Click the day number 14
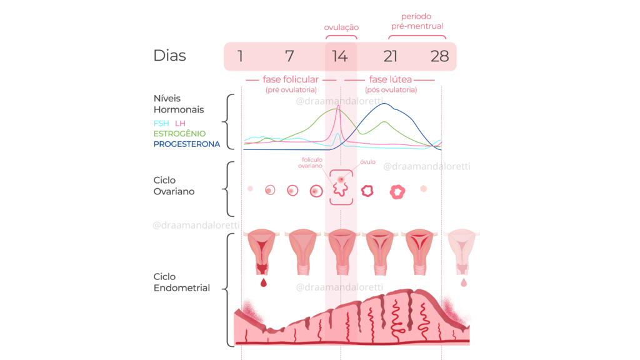pyautogui.click(x=339, y=56)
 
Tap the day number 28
pyautogui.click(x=439, y=56)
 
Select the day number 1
pyautogui.click(x=241, y=56)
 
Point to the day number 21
pyautogui.click(x=391, y=56)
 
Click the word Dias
pyautogui.click(x=169, y=56)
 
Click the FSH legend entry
pyautogui.click(x=161, y=123)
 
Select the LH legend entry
pyautogui.click(x=181, y=123)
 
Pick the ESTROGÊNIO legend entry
pyautogui.click(x=179, y=134)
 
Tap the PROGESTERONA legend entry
pyautogui.click(x=187, y=144)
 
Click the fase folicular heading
pyautogui.click(x=291, y=80)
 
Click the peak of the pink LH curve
pyautogui.click(x=339, y=106)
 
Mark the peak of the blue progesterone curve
pyautogui.click(x=385, y=104)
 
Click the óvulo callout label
pyautogui.click(x=367, y=162)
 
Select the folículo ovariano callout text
pyautogui.click(x=310, y=162)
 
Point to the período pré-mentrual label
pyautogui.click(x=417, y=21)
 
